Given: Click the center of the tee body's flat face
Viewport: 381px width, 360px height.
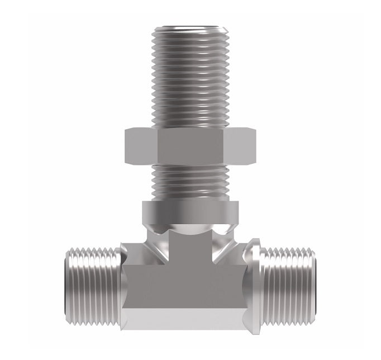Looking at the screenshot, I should [190, 280].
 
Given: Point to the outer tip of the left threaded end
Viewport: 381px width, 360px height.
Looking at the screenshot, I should [68, 285].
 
